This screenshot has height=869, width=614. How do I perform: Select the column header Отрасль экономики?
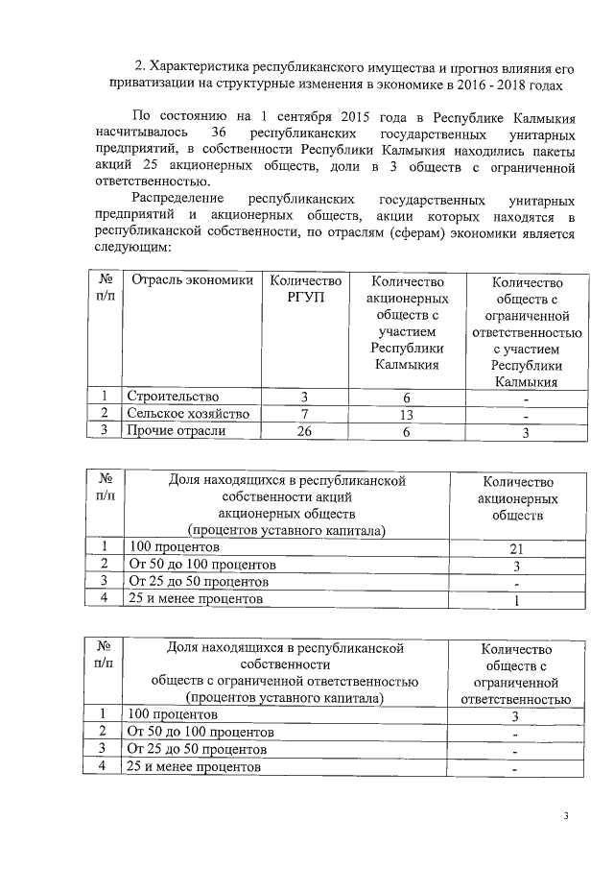192,281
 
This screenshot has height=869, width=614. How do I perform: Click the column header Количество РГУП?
305,290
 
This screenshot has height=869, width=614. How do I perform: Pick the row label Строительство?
174,397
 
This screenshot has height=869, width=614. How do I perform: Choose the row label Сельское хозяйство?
188,414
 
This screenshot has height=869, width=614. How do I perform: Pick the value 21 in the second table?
519,547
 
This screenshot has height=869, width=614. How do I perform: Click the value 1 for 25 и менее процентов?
519,601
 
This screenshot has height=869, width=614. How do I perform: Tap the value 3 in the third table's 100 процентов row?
515,716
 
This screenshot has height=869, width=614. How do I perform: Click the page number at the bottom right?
566,817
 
